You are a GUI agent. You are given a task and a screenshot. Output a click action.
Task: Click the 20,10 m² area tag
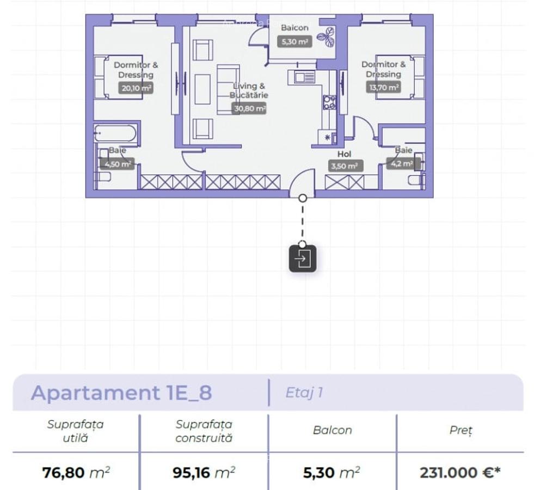point(136,88)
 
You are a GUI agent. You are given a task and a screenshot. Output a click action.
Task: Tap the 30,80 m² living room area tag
point(249,108)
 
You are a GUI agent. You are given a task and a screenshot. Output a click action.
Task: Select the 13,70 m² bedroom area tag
point(384,87)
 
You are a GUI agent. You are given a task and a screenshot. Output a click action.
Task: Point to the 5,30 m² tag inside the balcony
point(294,41)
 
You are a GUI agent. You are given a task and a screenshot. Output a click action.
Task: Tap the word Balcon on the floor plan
point(294,28)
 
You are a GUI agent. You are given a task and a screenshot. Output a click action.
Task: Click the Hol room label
point(345,154)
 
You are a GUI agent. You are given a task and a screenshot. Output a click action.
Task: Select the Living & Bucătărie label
point(249,90)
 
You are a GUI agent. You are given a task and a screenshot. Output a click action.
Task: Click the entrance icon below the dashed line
point(303,259)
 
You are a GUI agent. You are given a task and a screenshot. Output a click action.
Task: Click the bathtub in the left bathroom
point(115,133)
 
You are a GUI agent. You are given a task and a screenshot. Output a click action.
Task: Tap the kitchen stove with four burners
point(329,102)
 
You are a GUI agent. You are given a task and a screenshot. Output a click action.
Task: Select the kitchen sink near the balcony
point(305,77)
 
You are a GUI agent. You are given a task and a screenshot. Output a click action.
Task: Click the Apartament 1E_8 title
point(121,393)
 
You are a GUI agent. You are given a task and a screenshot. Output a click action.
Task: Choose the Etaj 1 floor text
point(304,393)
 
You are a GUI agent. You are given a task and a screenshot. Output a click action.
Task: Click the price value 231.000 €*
point(460,472)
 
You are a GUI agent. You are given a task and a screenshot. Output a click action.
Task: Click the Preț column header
point(461,430)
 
